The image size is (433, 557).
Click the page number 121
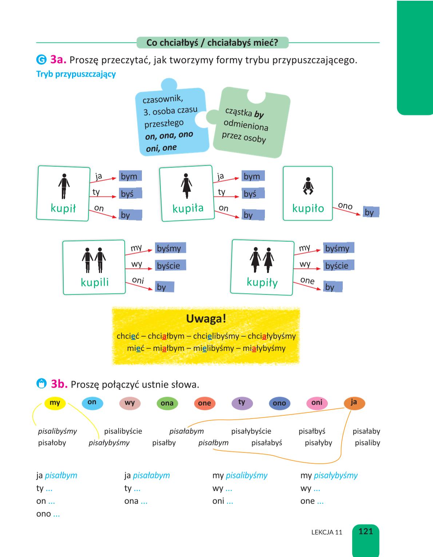tap(366, 531)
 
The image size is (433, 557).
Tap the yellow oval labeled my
tap(55, 403)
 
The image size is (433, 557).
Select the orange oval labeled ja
tap(354, 403)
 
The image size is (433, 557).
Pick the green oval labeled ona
tap(167, 403)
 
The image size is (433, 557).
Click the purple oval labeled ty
tap(242, 403)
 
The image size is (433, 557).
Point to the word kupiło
tap(308, 208)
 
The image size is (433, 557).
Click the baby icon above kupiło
tap(308, 186)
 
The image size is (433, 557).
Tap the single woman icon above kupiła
tap(186, 186)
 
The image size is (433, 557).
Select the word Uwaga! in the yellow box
tap(206, 319)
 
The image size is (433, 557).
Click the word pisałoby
tap(52, 443)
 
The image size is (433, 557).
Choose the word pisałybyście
tap(251, 431)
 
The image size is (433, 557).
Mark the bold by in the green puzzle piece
tap(259, 114)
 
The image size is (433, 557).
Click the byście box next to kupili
tap(170, 265)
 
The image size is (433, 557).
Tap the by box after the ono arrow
tap(371, 212)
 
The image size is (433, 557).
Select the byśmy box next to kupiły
tap(338, 248)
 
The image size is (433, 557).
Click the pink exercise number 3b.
tap(59, 384)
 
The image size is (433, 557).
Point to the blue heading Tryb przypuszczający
tap(76, 74)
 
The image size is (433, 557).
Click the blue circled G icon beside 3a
tap(41, 60)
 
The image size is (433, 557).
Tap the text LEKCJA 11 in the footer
tap(327, 532)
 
